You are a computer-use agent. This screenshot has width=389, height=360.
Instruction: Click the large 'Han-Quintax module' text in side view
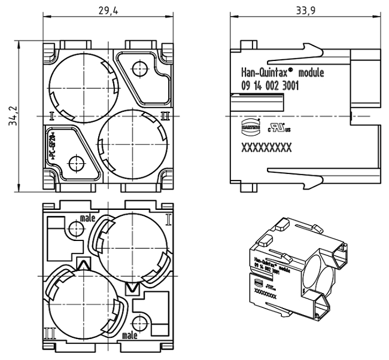pos(278,73)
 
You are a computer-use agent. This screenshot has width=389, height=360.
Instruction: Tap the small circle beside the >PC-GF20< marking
pos(75,162)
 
